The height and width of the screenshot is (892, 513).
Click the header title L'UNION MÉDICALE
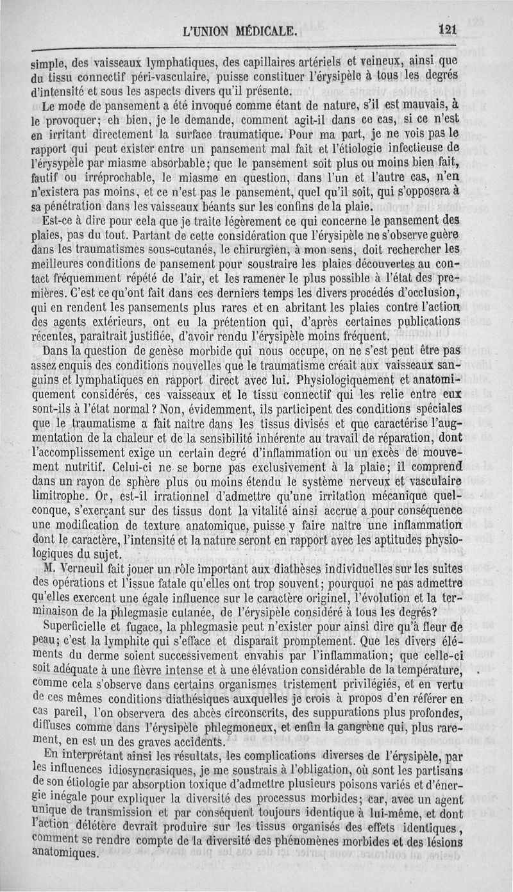click(x=240, y=29)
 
